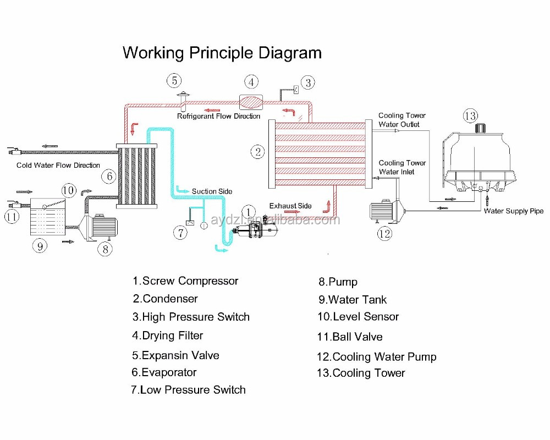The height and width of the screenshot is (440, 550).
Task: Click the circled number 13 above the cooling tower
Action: tap(470, 116)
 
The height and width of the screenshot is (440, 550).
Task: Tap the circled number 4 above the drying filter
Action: tap(251, 82)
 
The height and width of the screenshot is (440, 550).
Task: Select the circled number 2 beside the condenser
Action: tap(257, 152)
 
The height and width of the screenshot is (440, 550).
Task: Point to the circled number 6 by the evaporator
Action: tap(109, 177)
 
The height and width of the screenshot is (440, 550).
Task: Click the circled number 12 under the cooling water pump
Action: tap(384, 234)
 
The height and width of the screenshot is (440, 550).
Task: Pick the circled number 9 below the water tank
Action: tap(39, 246)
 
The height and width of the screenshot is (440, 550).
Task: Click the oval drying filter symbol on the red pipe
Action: tap(251, 102)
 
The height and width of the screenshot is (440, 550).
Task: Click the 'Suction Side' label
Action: tap(212, 191)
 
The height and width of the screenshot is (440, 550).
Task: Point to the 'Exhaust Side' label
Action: tap(290, 206)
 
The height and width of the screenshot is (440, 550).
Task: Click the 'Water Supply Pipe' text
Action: tap(514, 211)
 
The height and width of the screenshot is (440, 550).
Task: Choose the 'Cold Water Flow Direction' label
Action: tap(58, 165)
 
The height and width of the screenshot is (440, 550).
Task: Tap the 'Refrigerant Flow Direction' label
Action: tap(218, 116)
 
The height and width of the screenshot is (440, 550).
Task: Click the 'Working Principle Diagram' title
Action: tap(222, 53)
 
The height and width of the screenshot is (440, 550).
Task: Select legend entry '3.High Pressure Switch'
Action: tap(191, 317)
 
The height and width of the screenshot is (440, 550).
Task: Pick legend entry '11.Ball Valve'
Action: tap(350, 337)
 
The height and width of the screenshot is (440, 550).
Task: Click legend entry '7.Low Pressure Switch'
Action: tap(188, 390)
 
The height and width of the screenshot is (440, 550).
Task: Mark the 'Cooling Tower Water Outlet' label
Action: tap(402, 120)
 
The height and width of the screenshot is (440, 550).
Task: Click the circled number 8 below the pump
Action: tap(105, 249)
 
